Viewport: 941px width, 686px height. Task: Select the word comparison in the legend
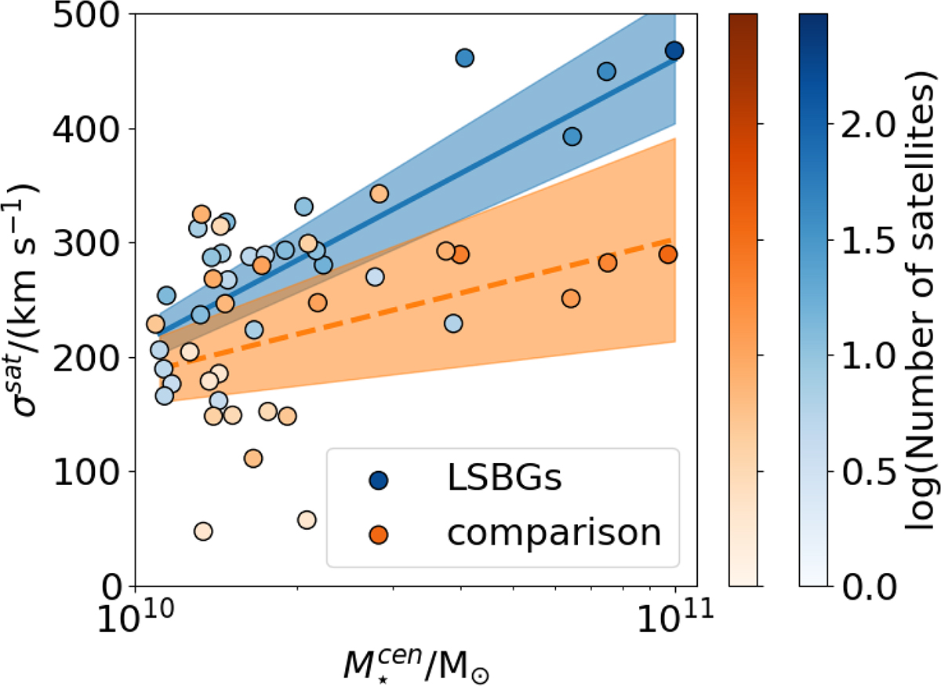[554, 533]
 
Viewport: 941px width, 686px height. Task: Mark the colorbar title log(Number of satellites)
[922, 298]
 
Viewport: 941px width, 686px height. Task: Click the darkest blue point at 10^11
[674, 51]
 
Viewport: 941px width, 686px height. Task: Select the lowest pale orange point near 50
[203, 531]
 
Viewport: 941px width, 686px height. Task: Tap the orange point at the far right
[668, 254]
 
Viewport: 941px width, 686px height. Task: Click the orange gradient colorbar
[743, 298]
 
